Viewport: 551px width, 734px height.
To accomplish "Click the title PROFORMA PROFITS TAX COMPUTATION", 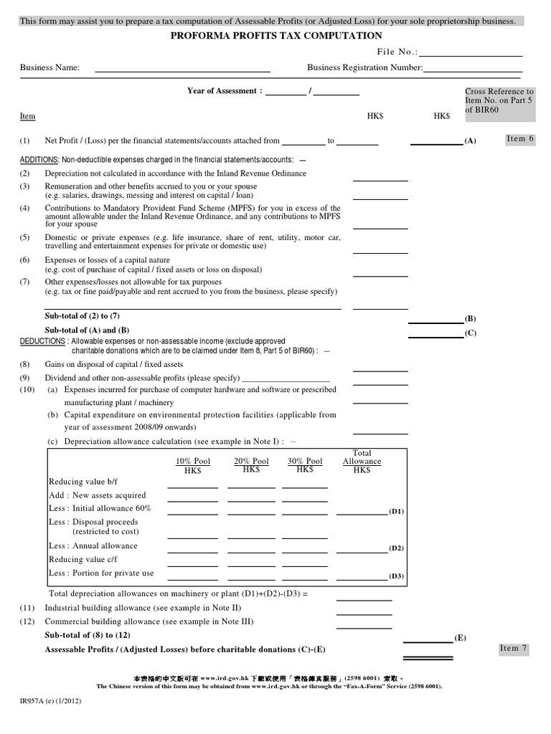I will coord(275,36).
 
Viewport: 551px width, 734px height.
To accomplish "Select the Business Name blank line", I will coord(182,68).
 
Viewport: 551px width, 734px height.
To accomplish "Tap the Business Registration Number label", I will coord(364,68).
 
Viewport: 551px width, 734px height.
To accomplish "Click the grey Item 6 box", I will coord(520,138).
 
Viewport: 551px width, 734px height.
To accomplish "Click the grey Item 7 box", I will coord(514,649).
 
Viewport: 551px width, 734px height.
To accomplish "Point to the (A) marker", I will coord(470,142).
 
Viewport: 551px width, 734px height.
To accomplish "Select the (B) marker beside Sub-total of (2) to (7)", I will coord(471,318).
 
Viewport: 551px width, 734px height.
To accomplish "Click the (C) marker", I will coord(471,333).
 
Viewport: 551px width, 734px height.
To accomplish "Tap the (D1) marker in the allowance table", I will coord(396,511).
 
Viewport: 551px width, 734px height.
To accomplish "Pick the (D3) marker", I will coord(396,576).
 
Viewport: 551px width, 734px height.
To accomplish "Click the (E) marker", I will coord(461,637).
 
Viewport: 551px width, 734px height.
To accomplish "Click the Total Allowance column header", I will coord(362,457).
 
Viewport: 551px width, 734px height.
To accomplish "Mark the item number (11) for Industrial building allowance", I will coord(25,608).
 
